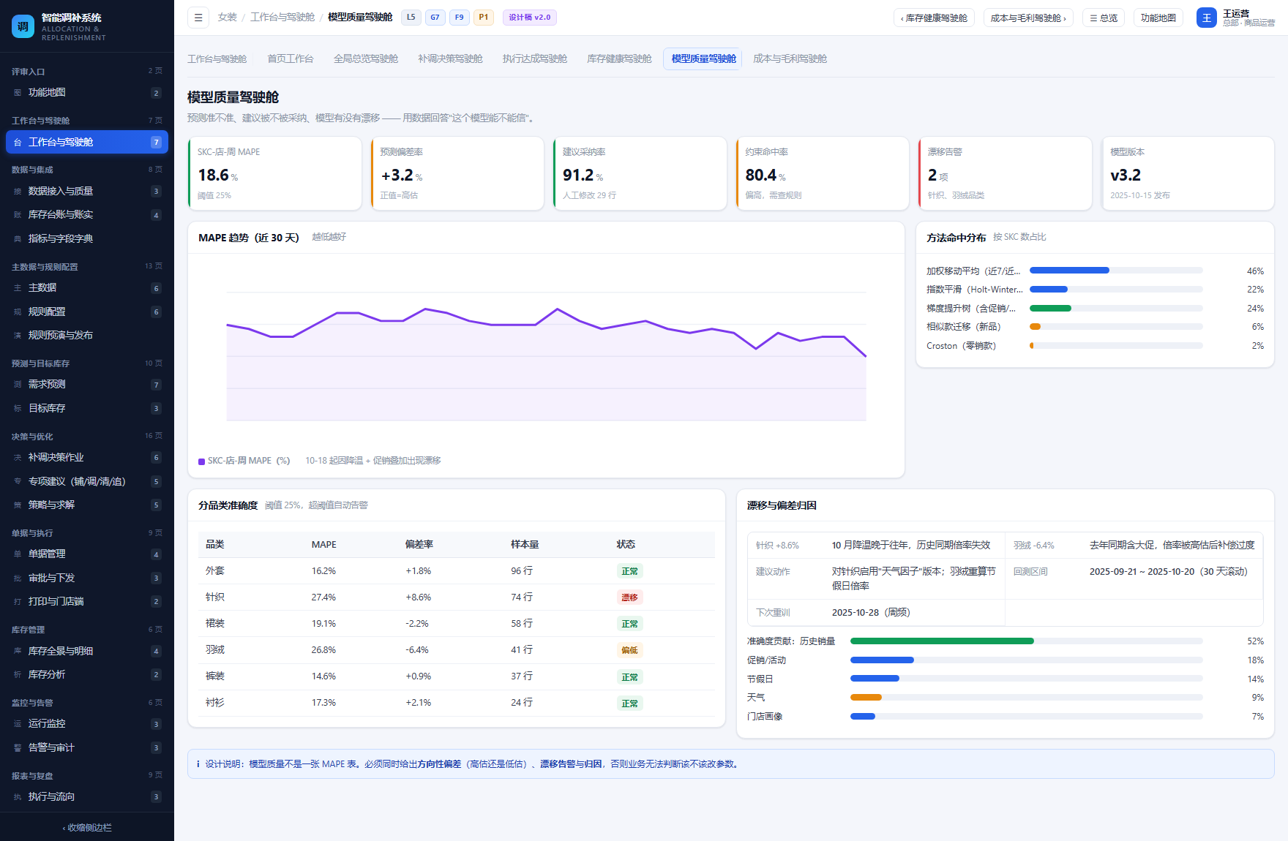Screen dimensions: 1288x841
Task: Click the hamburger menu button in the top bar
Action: [198, 18]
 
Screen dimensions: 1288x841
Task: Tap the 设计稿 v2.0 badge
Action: [529, 18]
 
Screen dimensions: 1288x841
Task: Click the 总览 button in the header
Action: [1104, 18]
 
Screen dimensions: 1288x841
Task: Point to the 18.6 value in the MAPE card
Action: [214, 176]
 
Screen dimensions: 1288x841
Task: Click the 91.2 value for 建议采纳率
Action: [578, 176]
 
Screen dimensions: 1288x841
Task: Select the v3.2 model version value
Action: [1126, 176]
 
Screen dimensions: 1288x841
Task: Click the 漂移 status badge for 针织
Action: [629, 597]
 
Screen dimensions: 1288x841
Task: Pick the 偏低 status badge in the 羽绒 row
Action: [629, 650]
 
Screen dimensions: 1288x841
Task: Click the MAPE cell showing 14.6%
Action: [323, 676]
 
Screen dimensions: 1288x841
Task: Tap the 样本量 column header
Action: [525, 544]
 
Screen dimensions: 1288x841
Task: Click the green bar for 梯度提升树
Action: [1050, 309]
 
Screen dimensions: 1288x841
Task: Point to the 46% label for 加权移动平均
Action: [1255, 271]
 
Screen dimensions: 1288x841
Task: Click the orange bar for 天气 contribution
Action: [866, 698]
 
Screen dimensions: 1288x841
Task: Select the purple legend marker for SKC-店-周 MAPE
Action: [201, 461]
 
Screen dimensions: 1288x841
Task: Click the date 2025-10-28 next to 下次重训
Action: [855, 613]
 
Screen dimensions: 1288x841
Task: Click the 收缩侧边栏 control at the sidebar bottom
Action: [87, 828]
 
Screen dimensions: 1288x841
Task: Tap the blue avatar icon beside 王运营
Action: [1206, 18]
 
